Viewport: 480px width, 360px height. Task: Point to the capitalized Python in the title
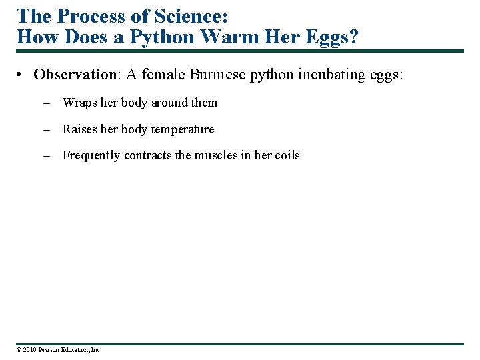(161, 37)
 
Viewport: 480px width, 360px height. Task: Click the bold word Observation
(75, 74)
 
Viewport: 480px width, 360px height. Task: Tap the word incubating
(327, 74)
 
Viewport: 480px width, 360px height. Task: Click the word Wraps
(80, 103)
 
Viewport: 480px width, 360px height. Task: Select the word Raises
(80, 129)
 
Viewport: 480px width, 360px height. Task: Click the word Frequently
(92, 155)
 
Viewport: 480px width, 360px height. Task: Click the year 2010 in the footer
(29, 349)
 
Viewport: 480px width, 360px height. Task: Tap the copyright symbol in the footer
(19, 349)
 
